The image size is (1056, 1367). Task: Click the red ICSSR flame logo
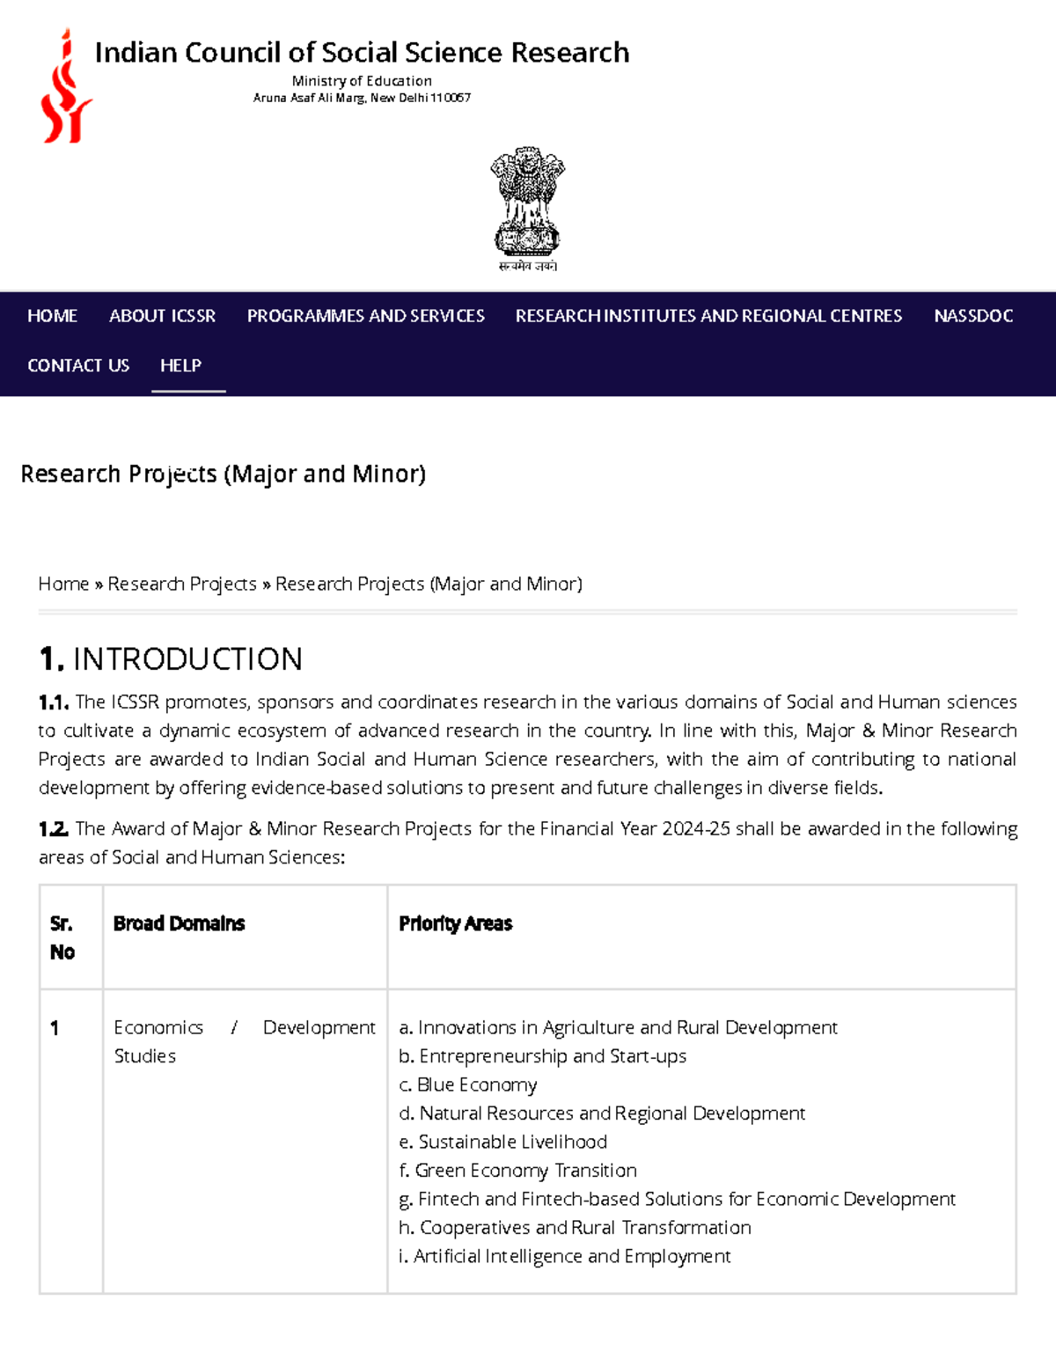pyautogui.click(x=66, y=86)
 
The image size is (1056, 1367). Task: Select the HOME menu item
pyautogui.click(x=52, y=316)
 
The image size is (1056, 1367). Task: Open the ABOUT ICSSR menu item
pyautogui.click(x=162, y=316)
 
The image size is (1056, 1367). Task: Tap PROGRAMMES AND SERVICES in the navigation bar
pyautogui.click(x=365, y=316)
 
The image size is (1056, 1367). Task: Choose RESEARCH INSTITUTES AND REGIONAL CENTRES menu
pyautogui.click(x=708, y=316)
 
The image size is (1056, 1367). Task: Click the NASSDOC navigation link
pyautogui.click(x=973, y=316)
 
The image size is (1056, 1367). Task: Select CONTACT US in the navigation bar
pyautogui.click(x=78, y=365)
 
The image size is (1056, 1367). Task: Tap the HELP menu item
pyautogui.click(x=180, y=365)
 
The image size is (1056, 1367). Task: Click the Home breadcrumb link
pyautogui.click(x=63, y=584)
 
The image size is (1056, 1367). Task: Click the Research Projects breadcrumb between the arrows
pyautogui.click(x=182, y=584)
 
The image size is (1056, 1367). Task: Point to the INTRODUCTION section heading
pyautogui.click(x=171, y=659)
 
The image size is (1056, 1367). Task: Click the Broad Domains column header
pyautogui.click(x=179, y=923)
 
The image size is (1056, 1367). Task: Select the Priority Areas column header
pyautogui.click(x=455, y=923)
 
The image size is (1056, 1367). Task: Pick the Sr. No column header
pyautogui.click(x=62, y=937)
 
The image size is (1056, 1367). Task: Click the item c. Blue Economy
pyautogui.click(x=467, y=1085)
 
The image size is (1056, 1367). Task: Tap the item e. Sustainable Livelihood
pyautogui.click(x=502, y=1143)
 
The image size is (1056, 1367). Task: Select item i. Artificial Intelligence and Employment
pyautogui.click(x=564, y=1257)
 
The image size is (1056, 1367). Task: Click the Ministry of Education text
pyautogui.click(x=362, y=81)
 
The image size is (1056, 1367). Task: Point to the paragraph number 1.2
pyautogui.click(x=53, y=829)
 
